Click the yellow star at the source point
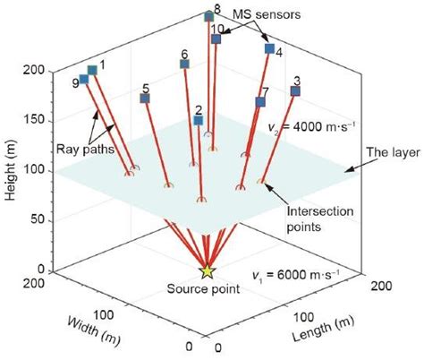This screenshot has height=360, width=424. tap(208, 270)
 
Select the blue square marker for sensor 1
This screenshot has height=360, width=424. tap(91, 70)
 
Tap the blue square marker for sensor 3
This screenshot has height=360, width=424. tap(296, 91)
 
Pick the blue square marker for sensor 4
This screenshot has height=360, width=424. tap(268, 48)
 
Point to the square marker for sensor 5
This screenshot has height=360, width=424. tap(144, 98)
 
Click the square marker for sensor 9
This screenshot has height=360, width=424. tap(84, 80)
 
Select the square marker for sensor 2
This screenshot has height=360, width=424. tap(199, 119)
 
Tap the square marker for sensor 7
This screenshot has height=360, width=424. tap(260, 102)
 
